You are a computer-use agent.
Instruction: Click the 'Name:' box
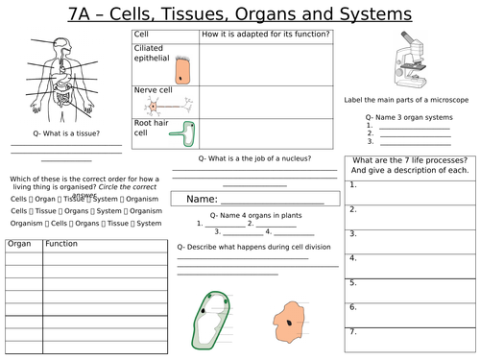(254, 199)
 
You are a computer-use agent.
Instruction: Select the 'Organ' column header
(20, 245)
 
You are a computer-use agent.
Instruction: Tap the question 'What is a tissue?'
(65, 135)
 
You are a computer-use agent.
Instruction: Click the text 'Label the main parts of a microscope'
(403, 99)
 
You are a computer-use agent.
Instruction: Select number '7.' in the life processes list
(354, 331)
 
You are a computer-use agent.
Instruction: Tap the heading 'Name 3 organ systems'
(401, 116)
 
